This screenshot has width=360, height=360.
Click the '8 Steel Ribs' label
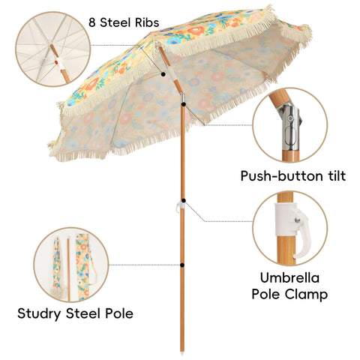(x=124, y=22)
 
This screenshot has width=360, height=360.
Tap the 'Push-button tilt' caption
(x=293, y=176)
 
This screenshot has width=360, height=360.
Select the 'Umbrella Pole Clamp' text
(x=289, y=286)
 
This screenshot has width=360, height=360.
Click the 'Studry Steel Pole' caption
(x=75, y=313)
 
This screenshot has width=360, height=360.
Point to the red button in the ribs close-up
(x=57, y=61)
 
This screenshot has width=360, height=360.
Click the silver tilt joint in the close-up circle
(x=290, y=127)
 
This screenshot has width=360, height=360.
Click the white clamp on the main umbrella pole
(x=181, y=206)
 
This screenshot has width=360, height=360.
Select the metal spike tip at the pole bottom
(x=182, y=353)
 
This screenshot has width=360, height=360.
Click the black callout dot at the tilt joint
(x=184, y=104)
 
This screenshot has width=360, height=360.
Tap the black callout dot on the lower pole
(x=182, y=265)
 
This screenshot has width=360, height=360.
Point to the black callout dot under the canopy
(x=163, y=74)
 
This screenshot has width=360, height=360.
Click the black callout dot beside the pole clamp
(x=184, y=200)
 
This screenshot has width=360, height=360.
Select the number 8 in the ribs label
(x=92, y=22)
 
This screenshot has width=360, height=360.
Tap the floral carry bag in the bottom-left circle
(x=84, y=266)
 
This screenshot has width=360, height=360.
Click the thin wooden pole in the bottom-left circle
(x=68, y=269)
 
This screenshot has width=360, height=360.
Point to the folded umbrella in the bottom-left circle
(x=57, y=268)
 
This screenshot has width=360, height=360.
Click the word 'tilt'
(x=337, y=176)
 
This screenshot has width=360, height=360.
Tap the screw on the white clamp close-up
(x=297, y=220)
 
